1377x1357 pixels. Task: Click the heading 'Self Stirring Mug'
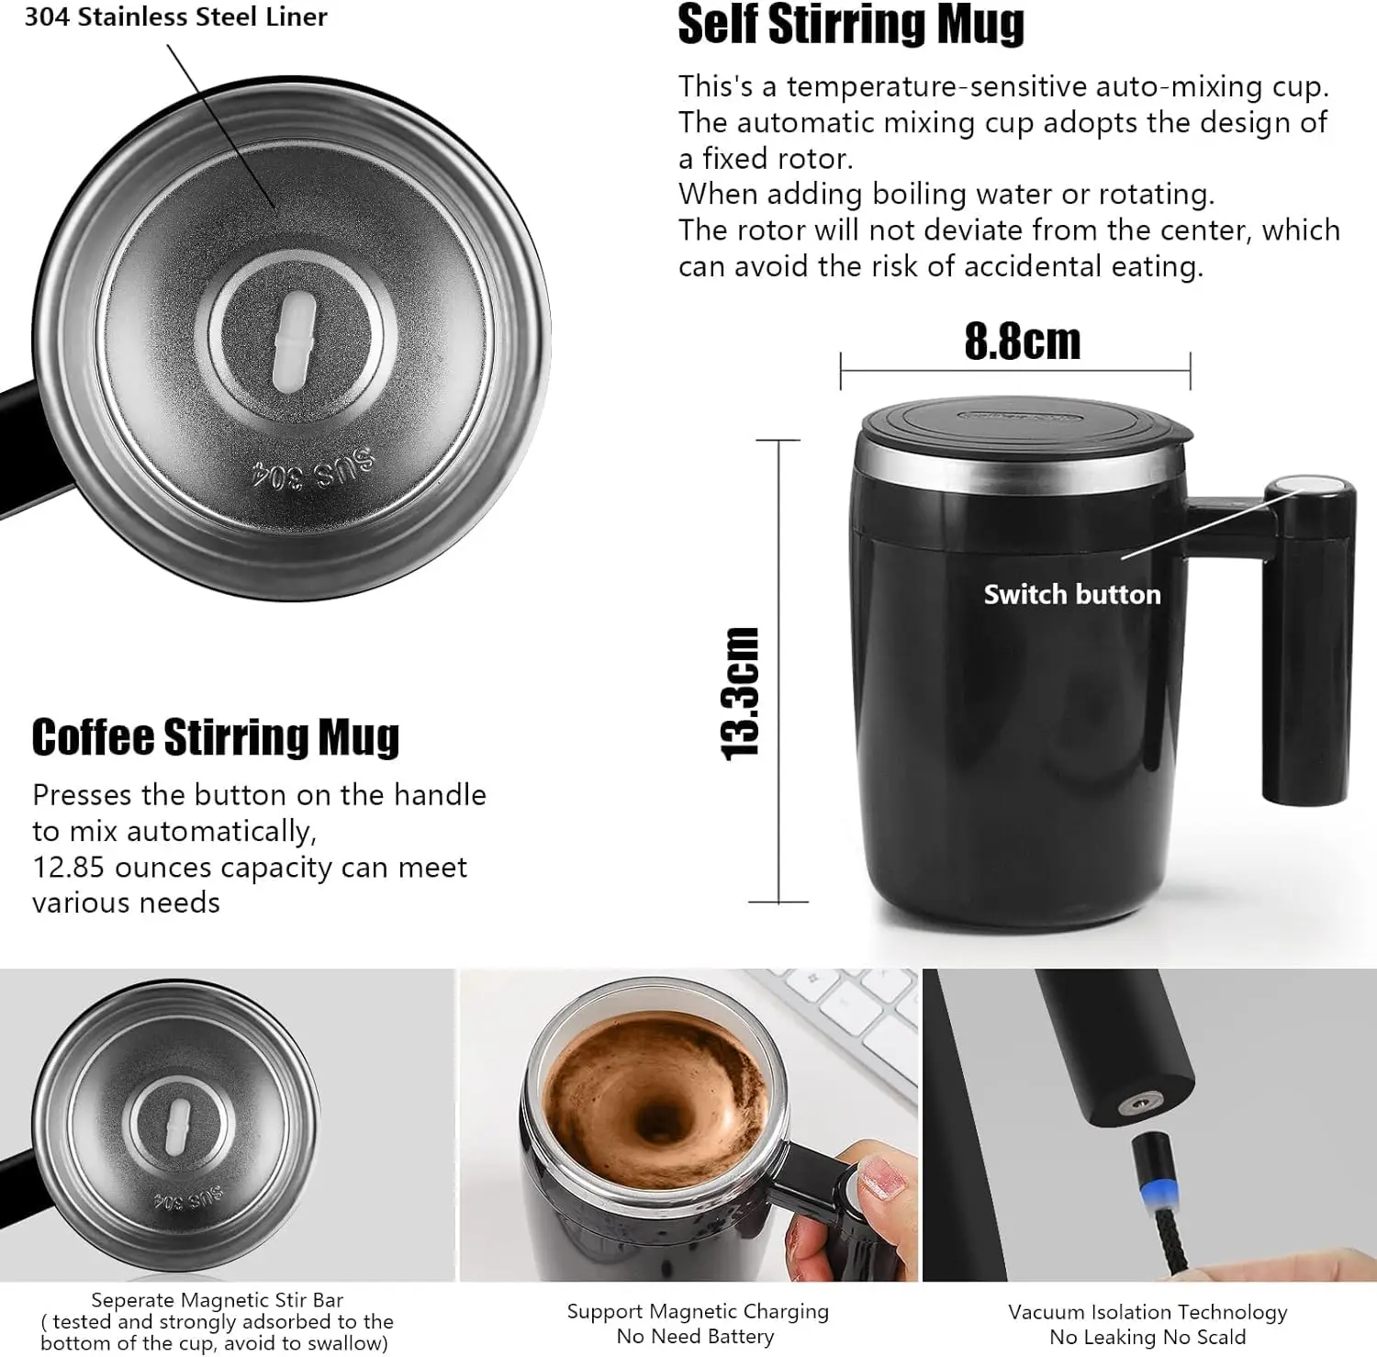click(850, 25)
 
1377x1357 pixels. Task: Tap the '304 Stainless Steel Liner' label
click(175, 17)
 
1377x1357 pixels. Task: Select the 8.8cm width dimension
click(1022, 342)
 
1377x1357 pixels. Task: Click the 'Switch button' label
click(1071, 595)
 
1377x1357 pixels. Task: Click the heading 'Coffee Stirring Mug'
click(216, 737)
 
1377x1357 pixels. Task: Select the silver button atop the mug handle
click(1308, 488)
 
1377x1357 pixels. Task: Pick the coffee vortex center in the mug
click(659, 1120)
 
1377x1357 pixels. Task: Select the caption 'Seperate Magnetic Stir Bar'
click(217, 1300)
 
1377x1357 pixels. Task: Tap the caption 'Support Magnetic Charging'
click(697, 1311)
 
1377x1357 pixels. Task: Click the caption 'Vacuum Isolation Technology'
click(1147, 1312)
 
